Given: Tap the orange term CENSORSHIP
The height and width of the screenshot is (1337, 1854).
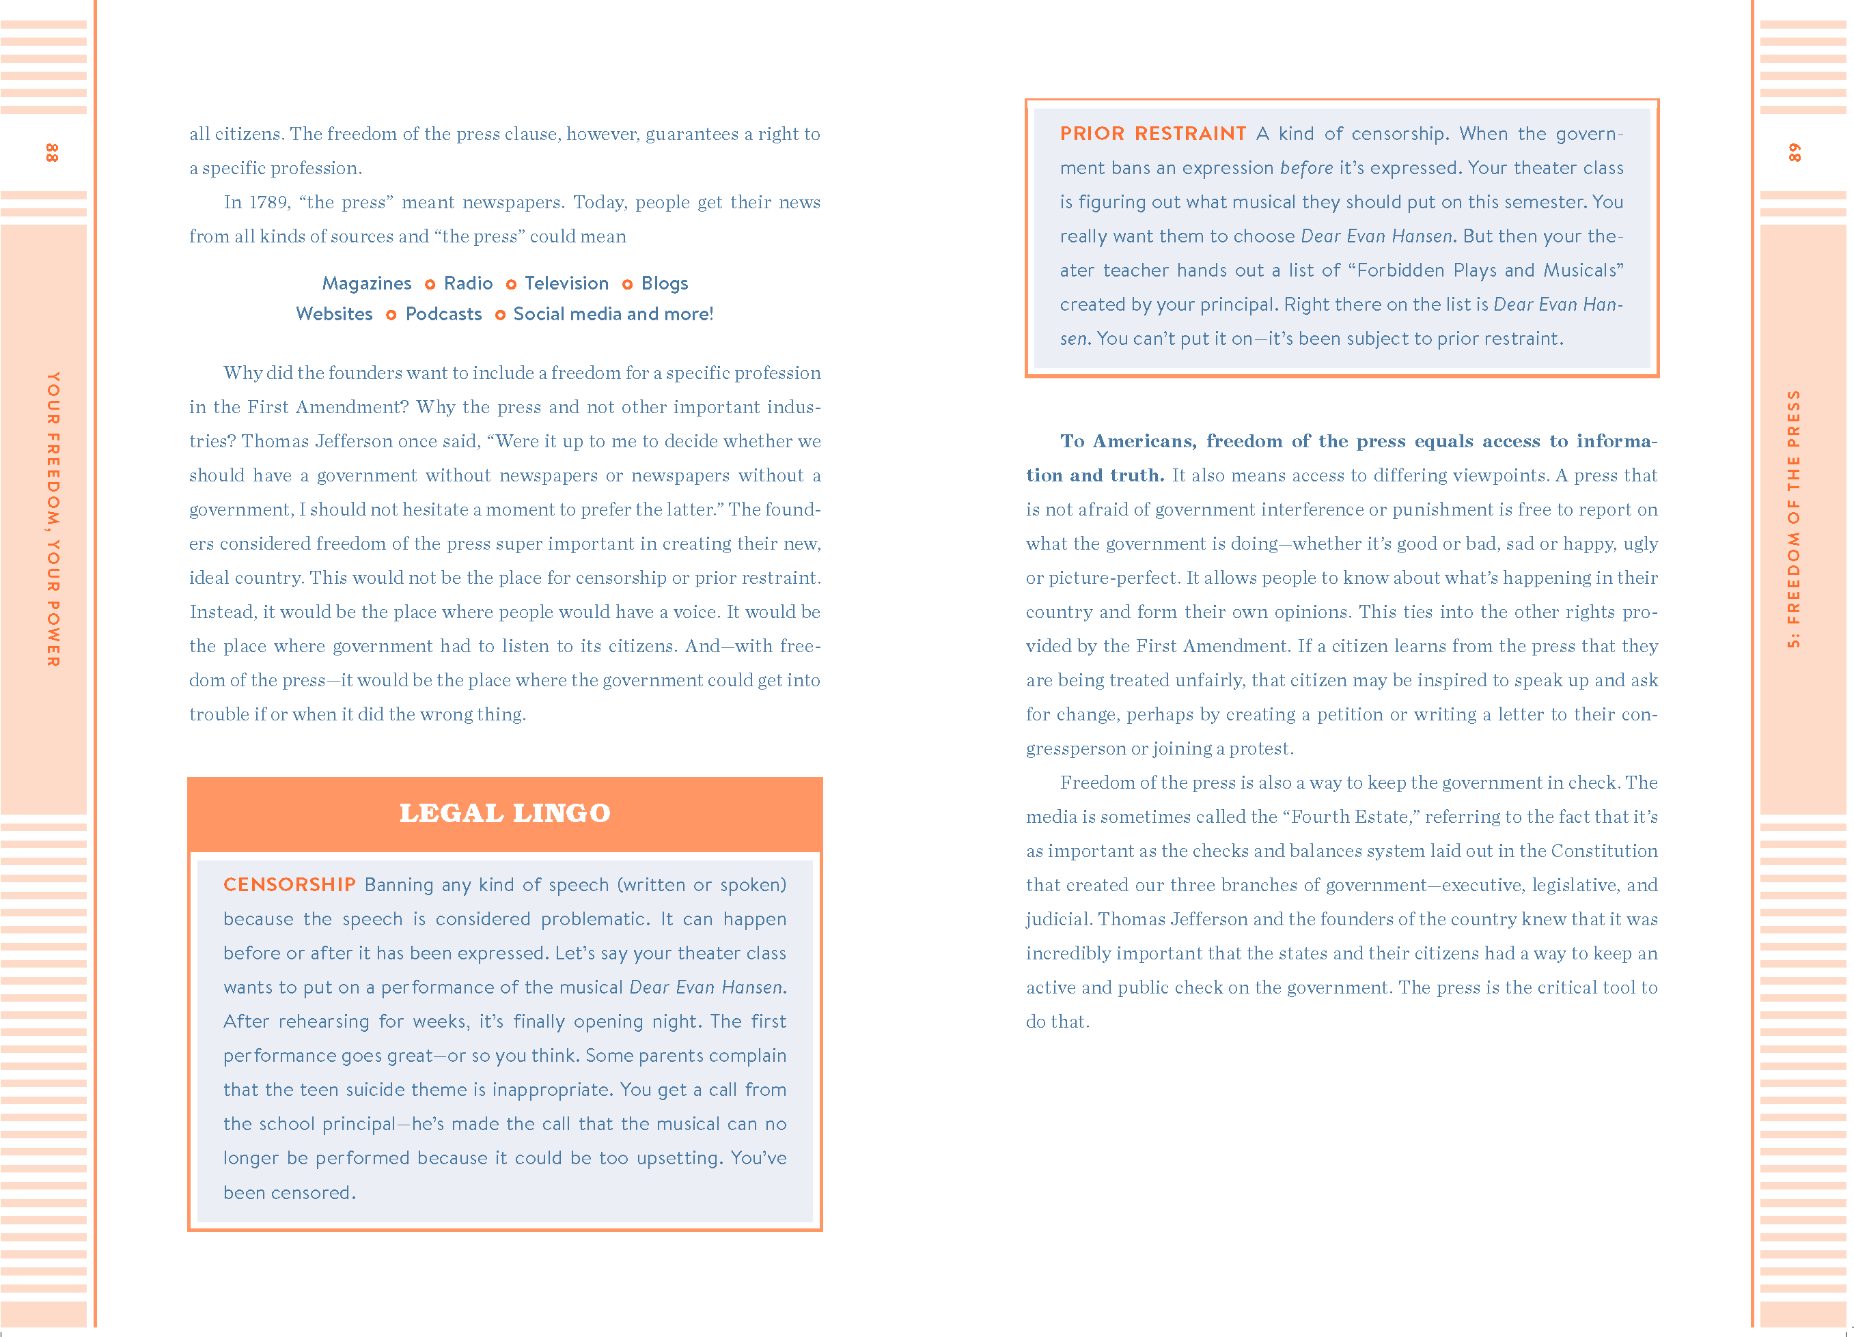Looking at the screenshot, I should point(290,884).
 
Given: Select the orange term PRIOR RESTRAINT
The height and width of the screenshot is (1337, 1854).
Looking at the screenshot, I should point(1152,133).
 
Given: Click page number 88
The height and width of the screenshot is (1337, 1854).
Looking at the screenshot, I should point(51,153).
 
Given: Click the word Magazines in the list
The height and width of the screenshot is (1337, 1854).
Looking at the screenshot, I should point(366,283).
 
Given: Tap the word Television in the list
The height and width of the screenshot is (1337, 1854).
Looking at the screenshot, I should point(566,283).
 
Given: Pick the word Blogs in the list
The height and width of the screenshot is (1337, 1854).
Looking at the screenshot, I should point(665,283).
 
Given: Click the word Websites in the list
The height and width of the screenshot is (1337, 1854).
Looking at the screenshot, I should point(333,315).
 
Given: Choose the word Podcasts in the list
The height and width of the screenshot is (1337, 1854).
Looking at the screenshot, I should point(443,315).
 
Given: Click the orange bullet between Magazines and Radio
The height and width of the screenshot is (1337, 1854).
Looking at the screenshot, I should point(429,284).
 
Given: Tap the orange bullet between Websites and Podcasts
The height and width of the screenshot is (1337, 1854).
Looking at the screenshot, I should point(391,315).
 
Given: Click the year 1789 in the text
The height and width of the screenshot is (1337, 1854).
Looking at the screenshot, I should point(269,203).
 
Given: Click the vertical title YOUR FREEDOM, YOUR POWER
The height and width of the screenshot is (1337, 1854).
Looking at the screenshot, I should point(53,519).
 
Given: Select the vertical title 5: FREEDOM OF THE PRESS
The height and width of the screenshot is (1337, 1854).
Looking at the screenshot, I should point(1793,519).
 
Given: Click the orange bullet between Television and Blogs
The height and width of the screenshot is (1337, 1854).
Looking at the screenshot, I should point(627,284).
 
